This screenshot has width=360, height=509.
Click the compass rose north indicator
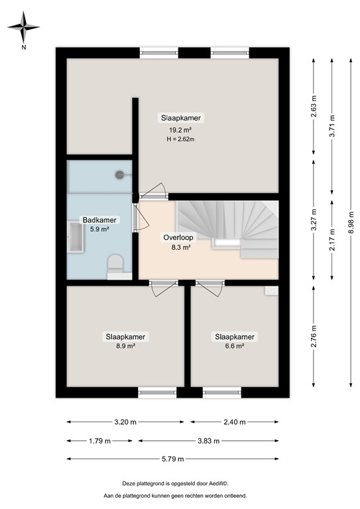coord(24,28)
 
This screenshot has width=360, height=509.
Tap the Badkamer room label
coord(95,220)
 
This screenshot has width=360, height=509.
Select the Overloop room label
coord(177,237)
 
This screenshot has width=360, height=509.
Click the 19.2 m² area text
coord(180,130)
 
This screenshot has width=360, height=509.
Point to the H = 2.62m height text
coord(180,140)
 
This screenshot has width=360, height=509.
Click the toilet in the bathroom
coord(115,264)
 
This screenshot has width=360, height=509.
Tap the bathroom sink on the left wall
coord(73,237)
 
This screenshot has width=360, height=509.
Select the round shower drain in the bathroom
coord(120,174)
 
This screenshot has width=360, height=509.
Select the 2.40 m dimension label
coord(235,422)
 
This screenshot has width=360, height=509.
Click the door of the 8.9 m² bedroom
coord(161,289)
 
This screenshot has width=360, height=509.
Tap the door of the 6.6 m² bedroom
coord(210,289)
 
